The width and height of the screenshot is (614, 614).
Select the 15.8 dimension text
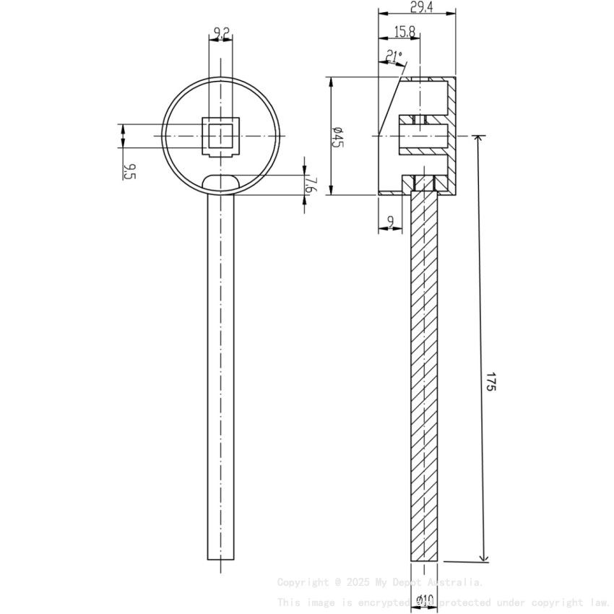[405, 31]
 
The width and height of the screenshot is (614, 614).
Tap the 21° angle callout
[393, 56]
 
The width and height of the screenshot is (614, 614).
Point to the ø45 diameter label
[337, 137]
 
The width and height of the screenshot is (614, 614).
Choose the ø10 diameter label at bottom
[425, 600]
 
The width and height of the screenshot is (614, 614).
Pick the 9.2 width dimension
[221, 33]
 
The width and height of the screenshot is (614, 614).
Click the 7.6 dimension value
[310, 185]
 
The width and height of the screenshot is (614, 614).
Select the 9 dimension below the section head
[391, 222]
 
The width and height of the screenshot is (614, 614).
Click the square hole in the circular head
[221, 136]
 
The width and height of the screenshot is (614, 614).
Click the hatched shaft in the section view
[425, 376]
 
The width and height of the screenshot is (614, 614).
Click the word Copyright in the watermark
[301, 582]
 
